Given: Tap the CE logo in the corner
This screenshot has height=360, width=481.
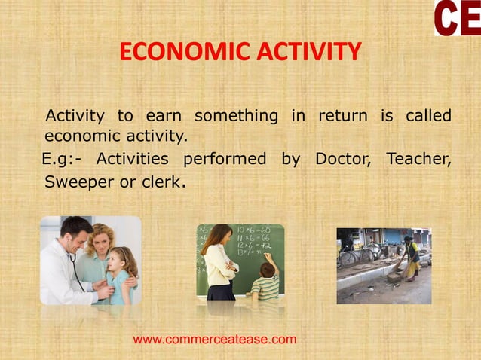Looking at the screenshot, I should tap(457, 18).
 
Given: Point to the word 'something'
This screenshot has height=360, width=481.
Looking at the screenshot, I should tap(236, 117).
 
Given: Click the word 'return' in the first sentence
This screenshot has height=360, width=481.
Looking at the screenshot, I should tap(342, 117).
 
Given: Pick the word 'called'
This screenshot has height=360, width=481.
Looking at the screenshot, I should tap(427, 117).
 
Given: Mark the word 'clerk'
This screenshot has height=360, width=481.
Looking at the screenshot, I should tap(161, 182).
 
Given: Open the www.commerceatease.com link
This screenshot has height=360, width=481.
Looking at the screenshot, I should tap(215, 340).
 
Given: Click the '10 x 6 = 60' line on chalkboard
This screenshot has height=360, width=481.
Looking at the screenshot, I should tap(253, 228).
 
